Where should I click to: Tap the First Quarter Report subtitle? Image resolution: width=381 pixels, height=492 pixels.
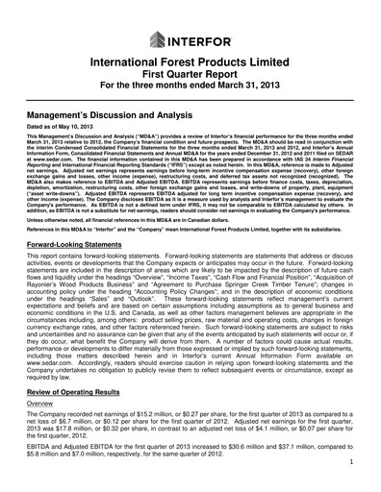tap(190, 80)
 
